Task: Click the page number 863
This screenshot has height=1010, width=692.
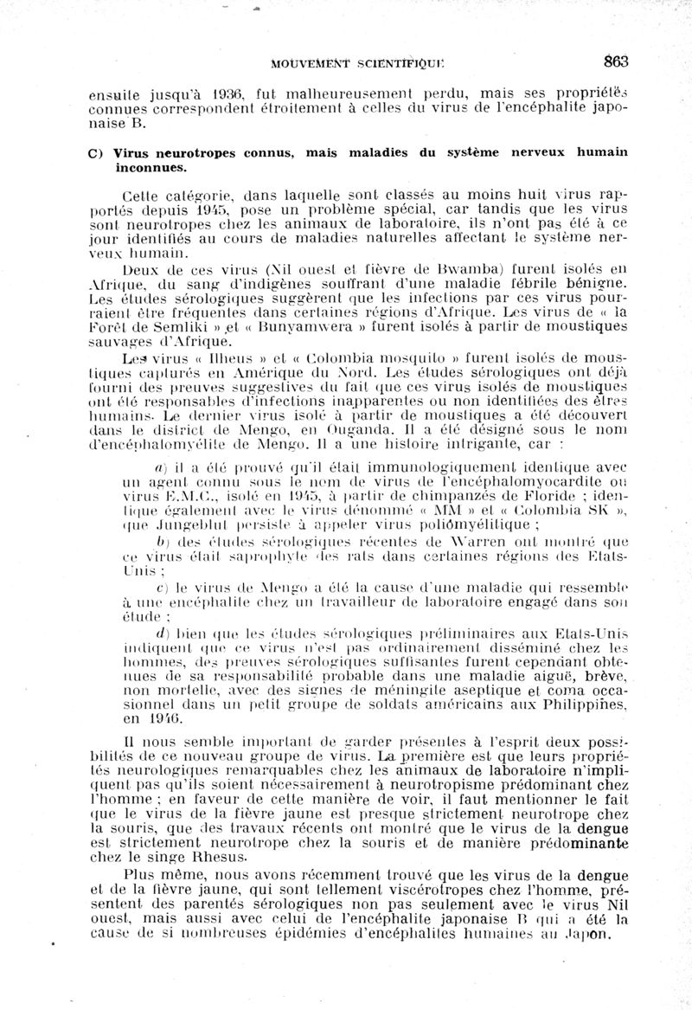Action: (x=616, y=61)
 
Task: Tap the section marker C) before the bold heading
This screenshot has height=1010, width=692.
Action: (x=96, y=153)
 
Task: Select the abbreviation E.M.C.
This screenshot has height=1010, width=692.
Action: (x=183, y=495)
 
